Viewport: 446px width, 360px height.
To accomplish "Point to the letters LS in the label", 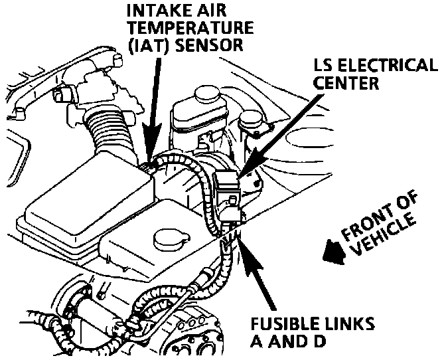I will click(327, 66).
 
